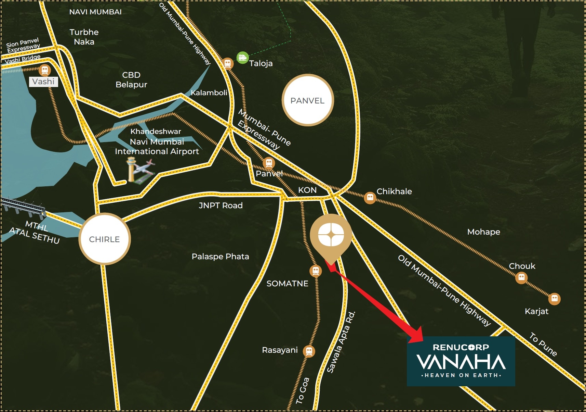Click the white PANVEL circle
[x=307, y=100]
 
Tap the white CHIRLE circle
[x=104, y=239]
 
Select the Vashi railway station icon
[x=44, y=70]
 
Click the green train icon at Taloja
[x=242, y=58]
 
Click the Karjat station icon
[x=554, y=299]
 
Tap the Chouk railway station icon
[x=521, y=277]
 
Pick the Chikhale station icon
[x=370, y=198]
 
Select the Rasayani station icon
[x=309, y=351]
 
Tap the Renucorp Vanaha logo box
[x=461, y=361]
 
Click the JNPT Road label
[x=221, y=205]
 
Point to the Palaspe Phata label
[x=220, y=257]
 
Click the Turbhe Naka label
[x=84, y=37]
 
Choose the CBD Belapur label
[x=131, y=80]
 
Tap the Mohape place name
[x=483, y=232]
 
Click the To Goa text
[x=303, y=390]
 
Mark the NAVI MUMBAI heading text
[x=95, y=12]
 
